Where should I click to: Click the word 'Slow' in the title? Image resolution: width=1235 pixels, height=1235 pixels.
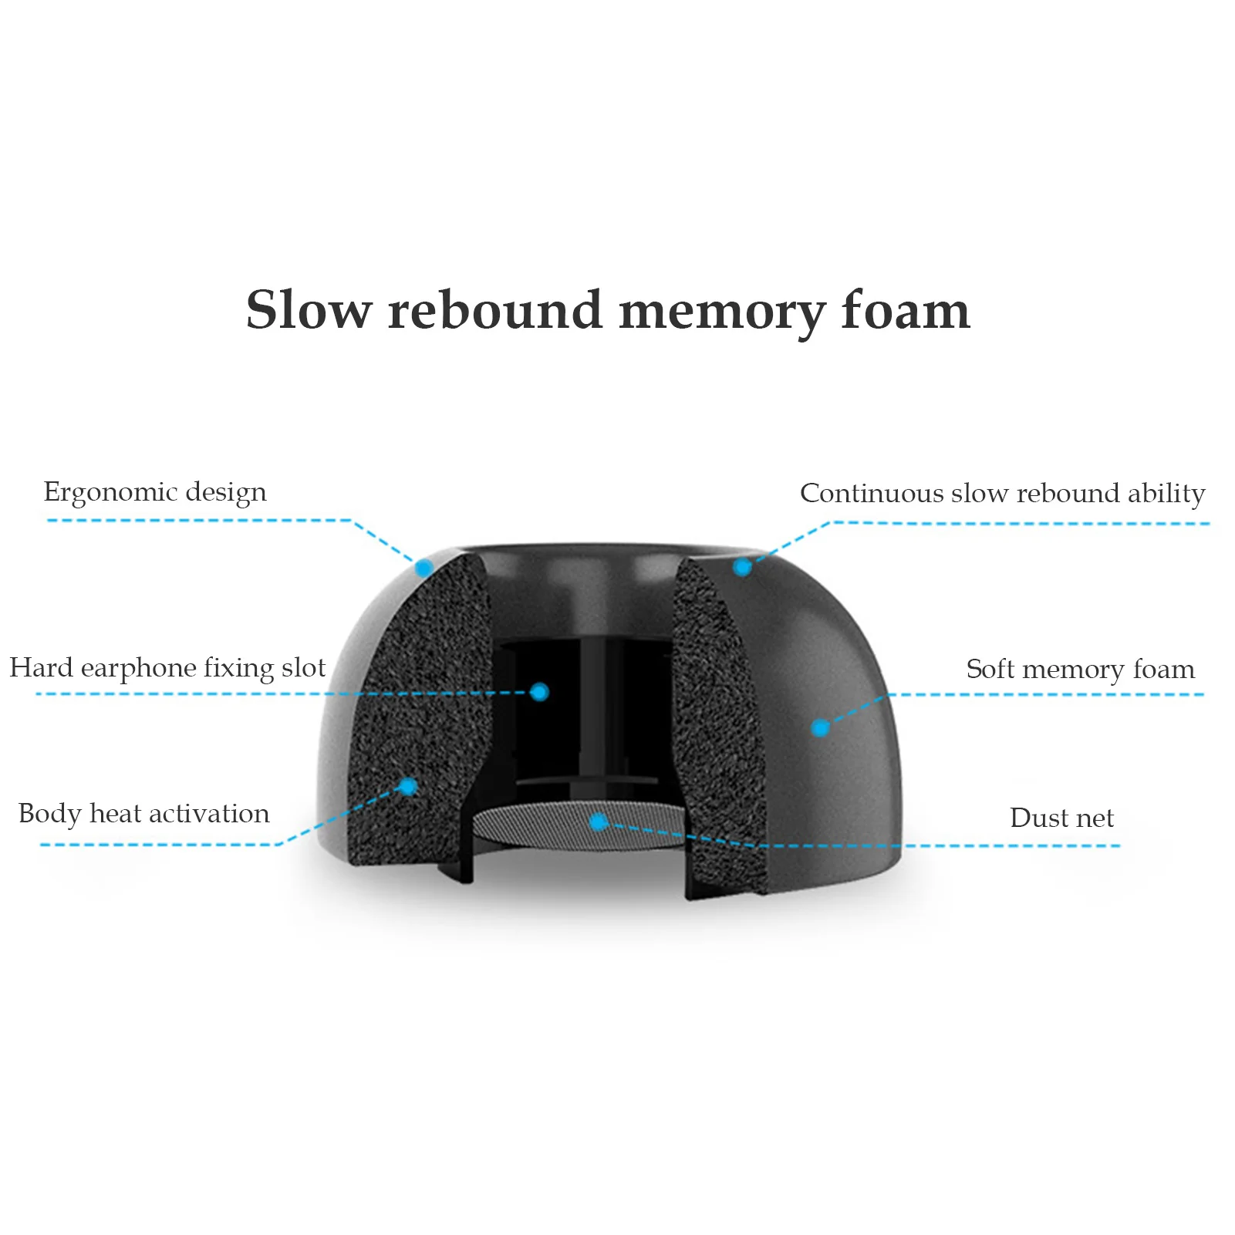pos(309,310)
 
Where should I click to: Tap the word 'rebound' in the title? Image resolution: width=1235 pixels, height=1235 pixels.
pos(494,310)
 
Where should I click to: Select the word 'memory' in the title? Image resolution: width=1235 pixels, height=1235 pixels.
pos(722,312)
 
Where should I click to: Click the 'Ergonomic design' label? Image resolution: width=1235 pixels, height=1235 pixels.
pos(155,492)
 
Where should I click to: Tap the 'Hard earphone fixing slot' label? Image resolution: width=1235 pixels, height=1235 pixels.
pos(167,668)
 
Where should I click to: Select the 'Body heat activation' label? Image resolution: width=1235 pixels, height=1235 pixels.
pos(144,814)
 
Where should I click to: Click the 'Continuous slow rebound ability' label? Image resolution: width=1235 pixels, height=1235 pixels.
pos(1002,493)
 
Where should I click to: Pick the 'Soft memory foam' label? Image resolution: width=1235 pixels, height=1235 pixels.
pos(1080,669)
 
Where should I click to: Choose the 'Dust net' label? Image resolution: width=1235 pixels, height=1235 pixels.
pos(1061,818)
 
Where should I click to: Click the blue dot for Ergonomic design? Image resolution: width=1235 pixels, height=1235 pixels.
pos(423,569)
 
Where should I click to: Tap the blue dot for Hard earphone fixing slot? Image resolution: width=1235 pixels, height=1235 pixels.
pos(539,692)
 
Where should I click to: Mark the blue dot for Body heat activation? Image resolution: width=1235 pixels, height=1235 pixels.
pos(408,787)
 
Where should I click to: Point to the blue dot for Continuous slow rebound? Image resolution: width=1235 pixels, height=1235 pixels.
pos(742,568)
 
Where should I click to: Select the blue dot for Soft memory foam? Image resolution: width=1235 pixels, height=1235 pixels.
pos(821,727)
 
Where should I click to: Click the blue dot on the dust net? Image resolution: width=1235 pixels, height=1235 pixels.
pos(598,822)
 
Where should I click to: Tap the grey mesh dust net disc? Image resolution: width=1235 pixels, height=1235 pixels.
pos(540,825)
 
